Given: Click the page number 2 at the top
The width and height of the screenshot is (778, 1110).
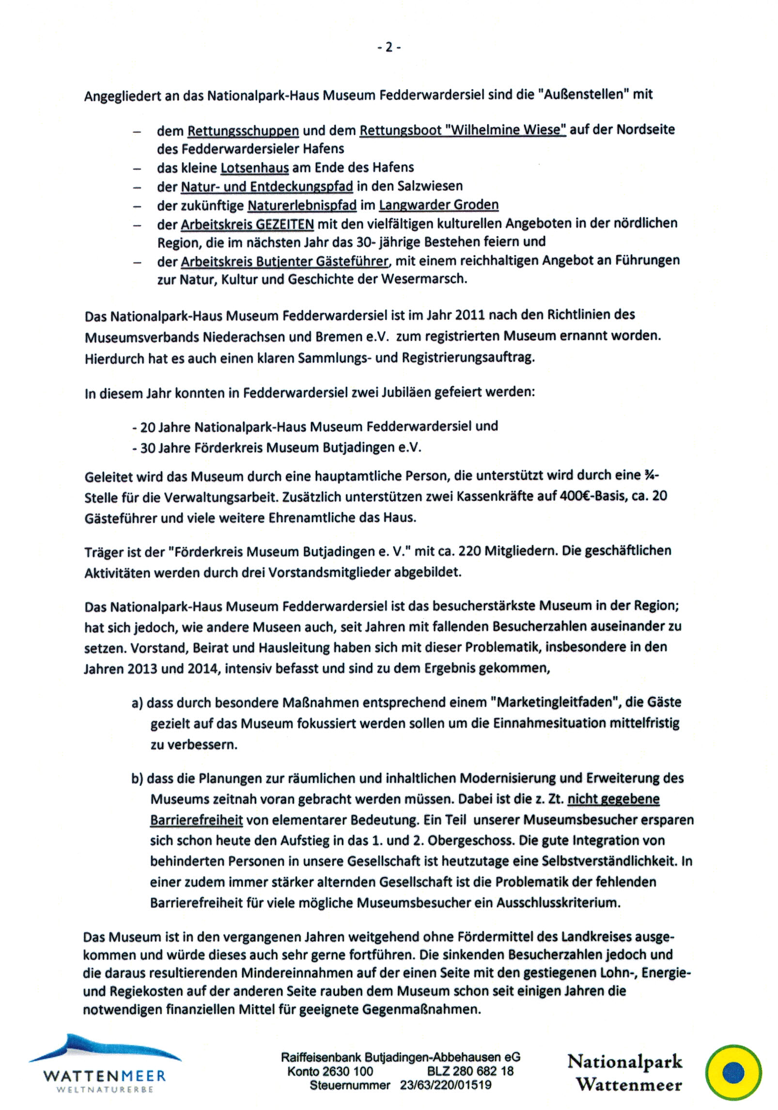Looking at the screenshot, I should pyautogui.click(x=389, y=47).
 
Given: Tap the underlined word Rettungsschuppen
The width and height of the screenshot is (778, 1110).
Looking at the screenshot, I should pyautogui.click(x=243, y=131).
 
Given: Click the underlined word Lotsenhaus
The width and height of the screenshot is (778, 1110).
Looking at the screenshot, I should pyautogui.click(x=255, y=168).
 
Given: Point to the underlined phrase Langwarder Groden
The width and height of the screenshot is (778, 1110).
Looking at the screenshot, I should pyautogui.click(x=438, y=205).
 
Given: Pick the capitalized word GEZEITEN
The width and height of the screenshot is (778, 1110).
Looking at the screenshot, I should pyautogui.click(x=285, y=224).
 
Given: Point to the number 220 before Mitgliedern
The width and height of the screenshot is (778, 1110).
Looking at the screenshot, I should pyautogui.click(x=469, y=551).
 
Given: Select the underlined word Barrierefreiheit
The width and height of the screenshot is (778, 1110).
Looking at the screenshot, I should pyautogui.click(x=196, y=820).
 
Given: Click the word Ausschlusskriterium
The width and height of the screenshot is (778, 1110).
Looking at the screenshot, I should pyautogui.click(x=558, y=903).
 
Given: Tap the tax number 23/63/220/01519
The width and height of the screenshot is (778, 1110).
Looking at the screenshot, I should pyautogui.click(x=445, y=1085).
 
